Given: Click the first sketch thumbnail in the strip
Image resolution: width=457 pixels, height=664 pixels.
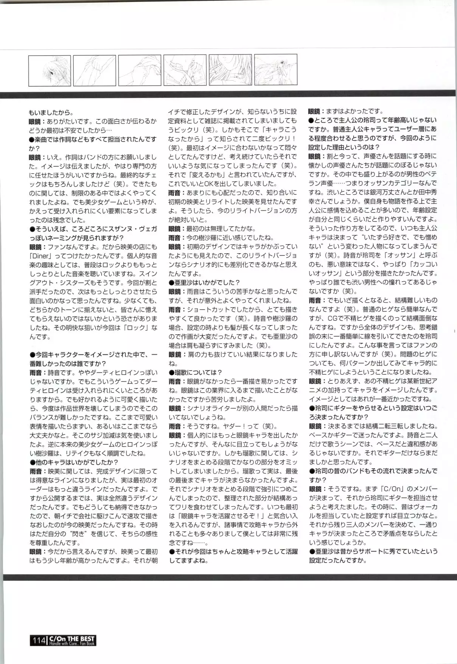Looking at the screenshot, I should [49, 70].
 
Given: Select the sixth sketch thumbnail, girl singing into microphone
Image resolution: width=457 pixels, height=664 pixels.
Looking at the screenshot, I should [275, 70].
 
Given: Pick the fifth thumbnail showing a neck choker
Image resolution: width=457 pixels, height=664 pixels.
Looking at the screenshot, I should [230, 70].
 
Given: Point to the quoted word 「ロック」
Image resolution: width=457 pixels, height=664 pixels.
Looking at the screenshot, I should [140, 328].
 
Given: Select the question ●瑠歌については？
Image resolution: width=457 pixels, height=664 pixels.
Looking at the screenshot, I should [195, 373].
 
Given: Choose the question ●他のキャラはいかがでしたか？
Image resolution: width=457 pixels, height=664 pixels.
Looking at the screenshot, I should [74, 462].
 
